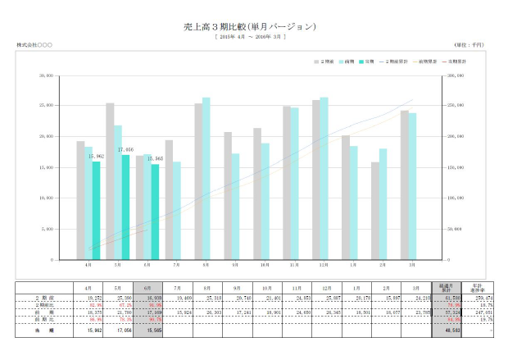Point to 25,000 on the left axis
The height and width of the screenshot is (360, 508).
tap(47, 106)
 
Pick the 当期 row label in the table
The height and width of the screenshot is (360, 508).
tap(45, 329)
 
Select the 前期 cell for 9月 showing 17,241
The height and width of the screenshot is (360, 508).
tap(235, 312)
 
